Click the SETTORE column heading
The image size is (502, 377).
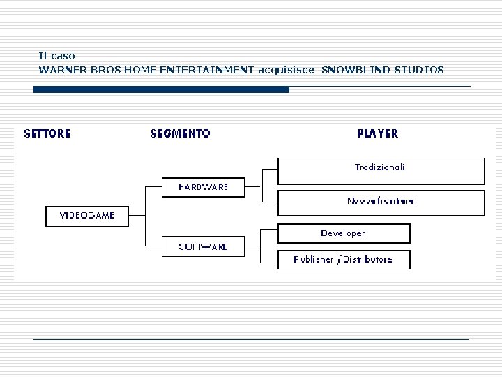pyautogui.click(x=47, y=133)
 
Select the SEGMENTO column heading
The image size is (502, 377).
pyautogui.click(x=180, y=133)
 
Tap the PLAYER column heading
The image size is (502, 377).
pyautogui.click(x=378, y=133)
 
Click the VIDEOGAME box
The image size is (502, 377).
pyautogui.click(x=86, y=216)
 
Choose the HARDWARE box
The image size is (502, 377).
pyautogui.click(x=203, y=187)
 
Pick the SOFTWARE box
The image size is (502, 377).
pyautogui.click(x=203, y=246)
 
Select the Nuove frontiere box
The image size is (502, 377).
pyautogui.click(x=380, y=201)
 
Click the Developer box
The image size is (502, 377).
pyautogui.click(x=343, y=233)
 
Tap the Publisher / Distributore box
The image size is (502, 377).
pyautogui.click(x=343, y=260)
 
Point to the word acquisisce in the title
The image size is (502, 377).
pyautogui.click(x=287, y=69)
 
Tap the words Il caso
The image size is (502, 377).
pyautogui.click(x=56, y=55)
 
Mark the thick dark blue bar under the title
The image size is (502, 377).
pyautogui.click(x=161, y=89)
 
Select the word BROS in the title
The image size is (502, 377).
pyautogui.click(x=102, y=69)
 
